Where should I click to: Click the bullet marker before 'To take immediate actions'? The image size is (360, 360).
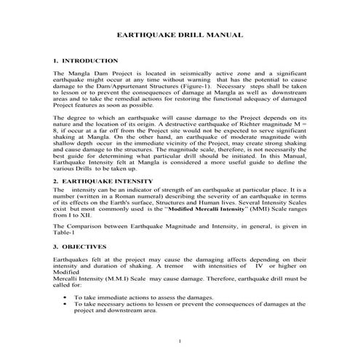[x=66, y=297]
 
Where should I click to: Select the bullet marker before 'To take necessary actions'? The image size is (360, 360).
[x=66, y=304]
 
